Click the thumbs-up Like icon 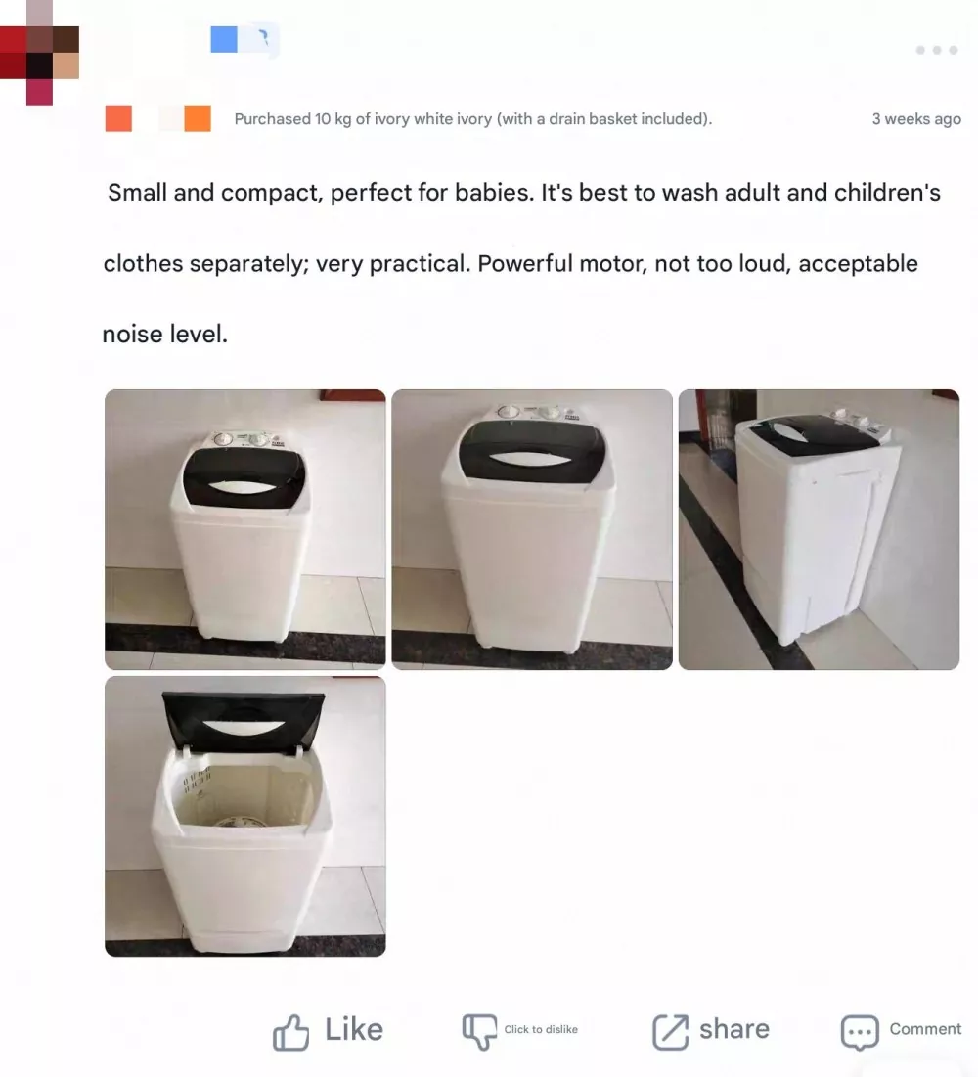point(290,1032)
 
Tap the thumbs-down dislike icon point(479,1030)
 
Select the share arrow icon point(670,1031)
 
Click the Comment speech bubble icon point(860,1032)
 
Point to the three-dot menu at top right point(936,50)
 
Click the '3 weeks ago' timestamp point(916,119)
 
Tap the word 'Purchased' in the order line point(272,119)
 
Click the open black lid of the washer point(244,719)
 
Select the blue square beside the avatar point(224,39)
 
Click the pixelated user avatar point(39,59)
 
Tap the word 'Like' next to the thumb point(353,1030)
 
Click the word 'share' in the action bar point(733,1029)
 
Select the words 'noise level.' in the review point(164,335)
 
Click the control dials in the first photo point(241,439)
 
